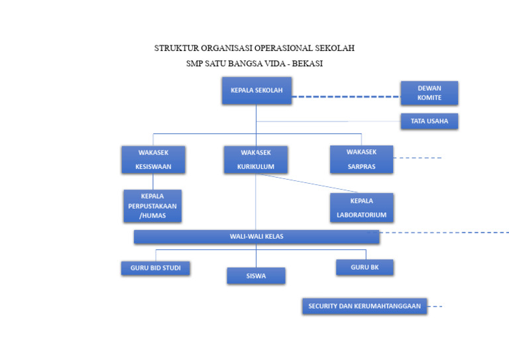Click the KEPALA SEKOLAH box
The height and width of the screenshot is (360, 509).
click(256, 90)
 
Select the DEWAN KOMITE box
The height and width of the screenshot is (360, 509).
click(429, 93)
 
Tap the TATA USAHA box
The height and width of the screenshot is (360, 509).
click(429, 121)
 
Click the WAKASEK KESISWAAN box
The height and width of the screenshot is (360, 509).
click(153, 160)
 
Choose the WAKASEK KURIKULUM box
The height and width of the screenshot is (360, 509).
click(256, 160)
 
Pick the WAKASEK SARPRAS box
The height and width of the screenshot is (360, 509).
click(361, 160)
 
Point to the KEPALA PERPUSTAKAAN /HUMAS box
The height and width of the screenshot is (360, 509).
click(152, 206)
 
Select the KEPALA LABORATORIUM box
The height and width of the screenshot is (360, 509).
click(361, 208)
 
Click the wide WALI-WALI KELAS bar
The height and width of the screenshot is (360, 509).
click(256, 237)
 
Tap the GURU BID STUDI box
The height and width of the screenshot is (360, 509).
click(155, 268)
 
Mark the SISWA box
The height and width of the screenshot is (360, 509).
click(256, 276)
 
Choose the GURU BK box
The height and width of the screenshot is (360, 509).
click(365, 267)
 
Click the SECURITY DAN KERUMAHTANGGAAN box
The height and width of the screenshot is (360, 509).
click(365, 306)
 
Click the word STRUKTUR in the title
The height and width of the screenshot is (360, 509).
click(176, 48)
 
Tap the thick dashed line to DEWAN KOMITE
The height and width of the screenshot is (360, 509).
click(345, 97)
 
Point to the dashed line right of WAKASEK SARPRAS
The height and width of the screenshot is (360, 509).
click(418, 158)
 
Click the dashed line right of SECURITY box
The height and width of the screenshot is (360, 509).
click(435, 306)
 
